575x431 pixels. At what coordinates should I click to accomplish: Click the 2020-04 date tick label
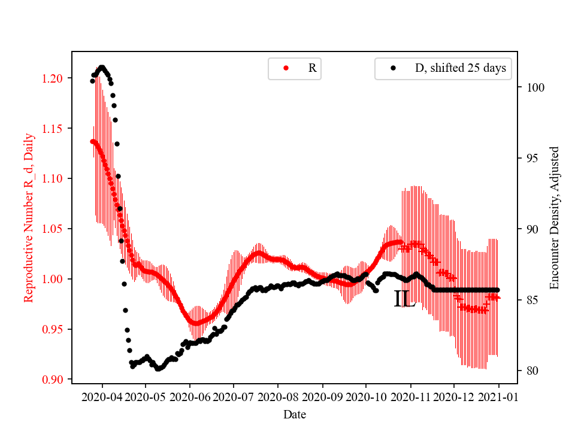point(102,397)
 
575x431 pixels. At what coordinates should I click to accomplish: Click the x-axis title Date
point(295,414)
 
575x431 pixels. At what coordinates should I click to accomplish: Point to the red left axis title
point(29,217)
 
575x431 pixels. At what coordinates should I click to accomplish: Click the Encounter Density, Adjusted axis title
point(554,217)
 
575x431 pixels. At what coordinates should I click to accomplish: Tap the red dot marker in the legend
point(286,68)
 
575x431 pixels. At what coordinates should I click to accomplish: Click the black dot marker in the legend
point(393,68)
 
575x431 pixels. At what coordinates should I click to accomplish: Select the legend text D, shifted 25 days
point(460,68)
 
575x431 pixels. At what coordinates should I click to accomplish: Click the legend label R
point(312,68)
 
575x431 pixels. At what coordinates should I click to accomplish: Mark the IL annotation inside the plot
point(404,299)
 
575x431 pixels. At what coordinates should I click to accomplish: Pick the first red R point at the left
point(92,141)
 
